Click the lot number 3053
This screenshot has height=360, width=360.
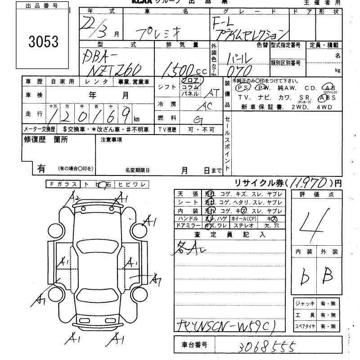44,41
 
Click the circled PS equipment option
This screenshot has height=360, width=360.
243,88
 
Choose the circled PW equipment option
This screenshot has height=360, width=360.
261,88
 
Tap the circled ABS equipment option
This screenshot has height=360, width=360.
325,97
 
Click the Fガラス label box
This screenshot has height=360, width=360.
63,184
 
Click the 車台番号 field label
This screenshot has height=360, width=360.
194,345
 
